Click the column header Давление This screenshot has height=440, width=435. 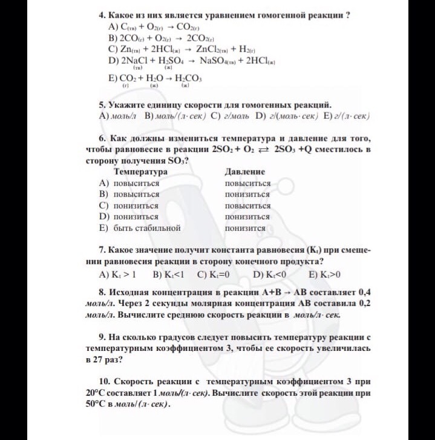[x=244, y=172]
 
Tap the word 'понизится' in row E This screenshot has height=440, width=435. [x=244, y=228]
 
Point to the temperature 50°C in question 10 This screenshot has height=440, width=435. [x=97, y=404]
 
